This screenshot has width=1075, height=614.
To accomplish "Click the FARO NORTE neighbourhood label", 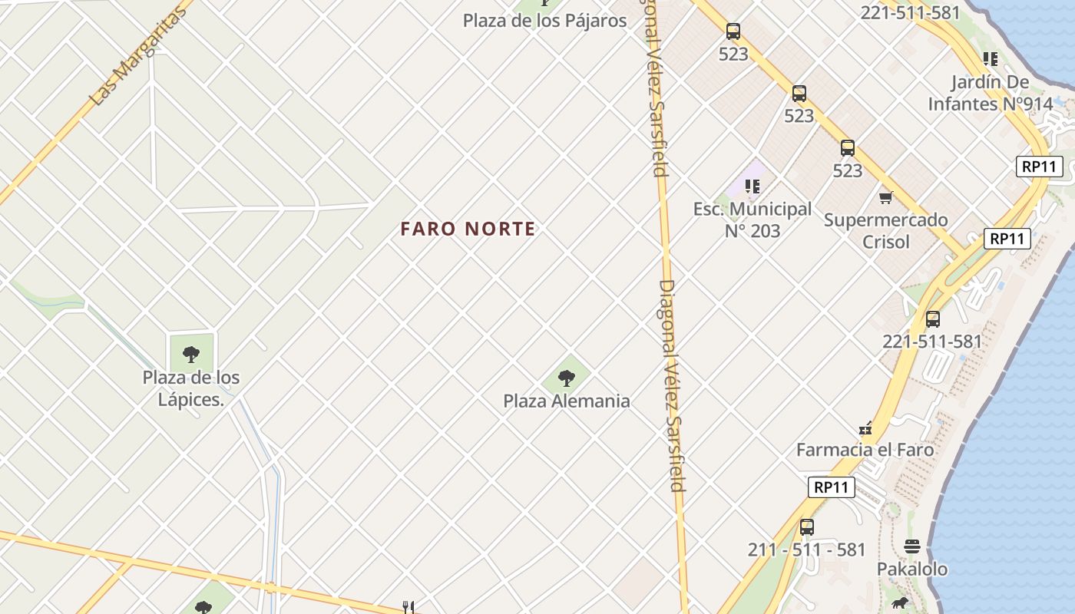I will (468, 229).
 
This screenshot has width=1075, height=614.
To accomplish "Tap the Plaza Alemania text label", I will (567, 401).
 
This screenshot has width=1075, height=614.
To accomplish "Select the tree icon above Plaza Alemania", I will (567, 378).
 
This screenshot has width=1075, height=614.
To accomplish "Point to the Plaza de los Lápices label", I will (191, 388).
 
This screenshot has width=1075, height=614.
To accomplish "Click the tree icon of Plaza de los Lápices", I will (191, 355).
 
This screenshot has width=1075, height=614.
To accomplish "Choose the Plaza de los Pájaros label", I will (544, 21).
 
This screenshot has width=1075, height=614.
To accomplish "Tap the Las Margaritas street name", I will (138, 58).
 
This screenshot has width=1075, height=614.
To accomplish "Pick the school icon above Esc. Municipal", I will (752, 187).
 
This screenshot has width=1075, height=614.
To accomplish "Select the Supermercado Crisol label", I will (886, 230).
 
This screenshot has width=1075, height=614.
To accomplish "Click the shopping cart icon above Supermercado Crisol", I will (886, 198).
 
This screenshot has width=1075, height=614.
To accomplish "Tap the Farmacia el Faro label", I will (865, 450).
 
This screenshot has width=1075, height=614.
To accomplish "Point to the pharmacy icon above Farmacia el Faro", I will (865, 428).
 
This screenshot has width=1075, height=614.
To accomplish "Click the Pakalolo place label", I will (912, 569).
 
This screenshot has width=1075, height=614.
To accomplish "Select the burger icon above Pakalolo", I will (912, 546).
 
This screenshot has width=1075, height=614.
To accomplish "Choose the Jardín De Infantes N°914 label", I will (991, 93).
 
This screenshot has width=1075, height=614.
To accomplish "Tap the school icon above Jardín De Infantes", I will (991, 59).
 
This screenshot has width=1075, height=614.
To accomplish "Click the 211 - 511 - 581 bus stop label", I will (806, 550).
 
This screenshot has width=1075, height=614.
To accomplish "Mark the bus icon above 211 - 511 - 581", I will (806, 527).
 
